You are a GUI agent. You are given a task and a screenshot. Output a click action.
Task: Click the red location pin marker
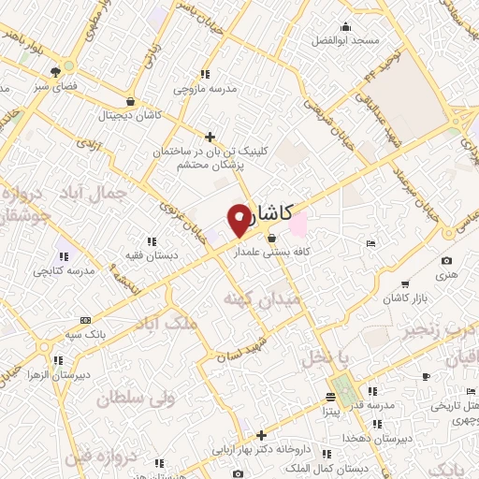point(239,219)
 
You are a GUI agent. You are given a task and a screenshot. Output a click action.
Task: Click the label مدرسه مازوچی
point(203,90)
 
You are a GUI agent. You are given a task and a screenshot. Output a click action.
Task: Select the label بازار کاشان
point(402,298)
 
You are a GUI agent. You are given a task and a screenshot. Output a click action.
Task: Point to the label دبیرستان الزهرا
point(58,373)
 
